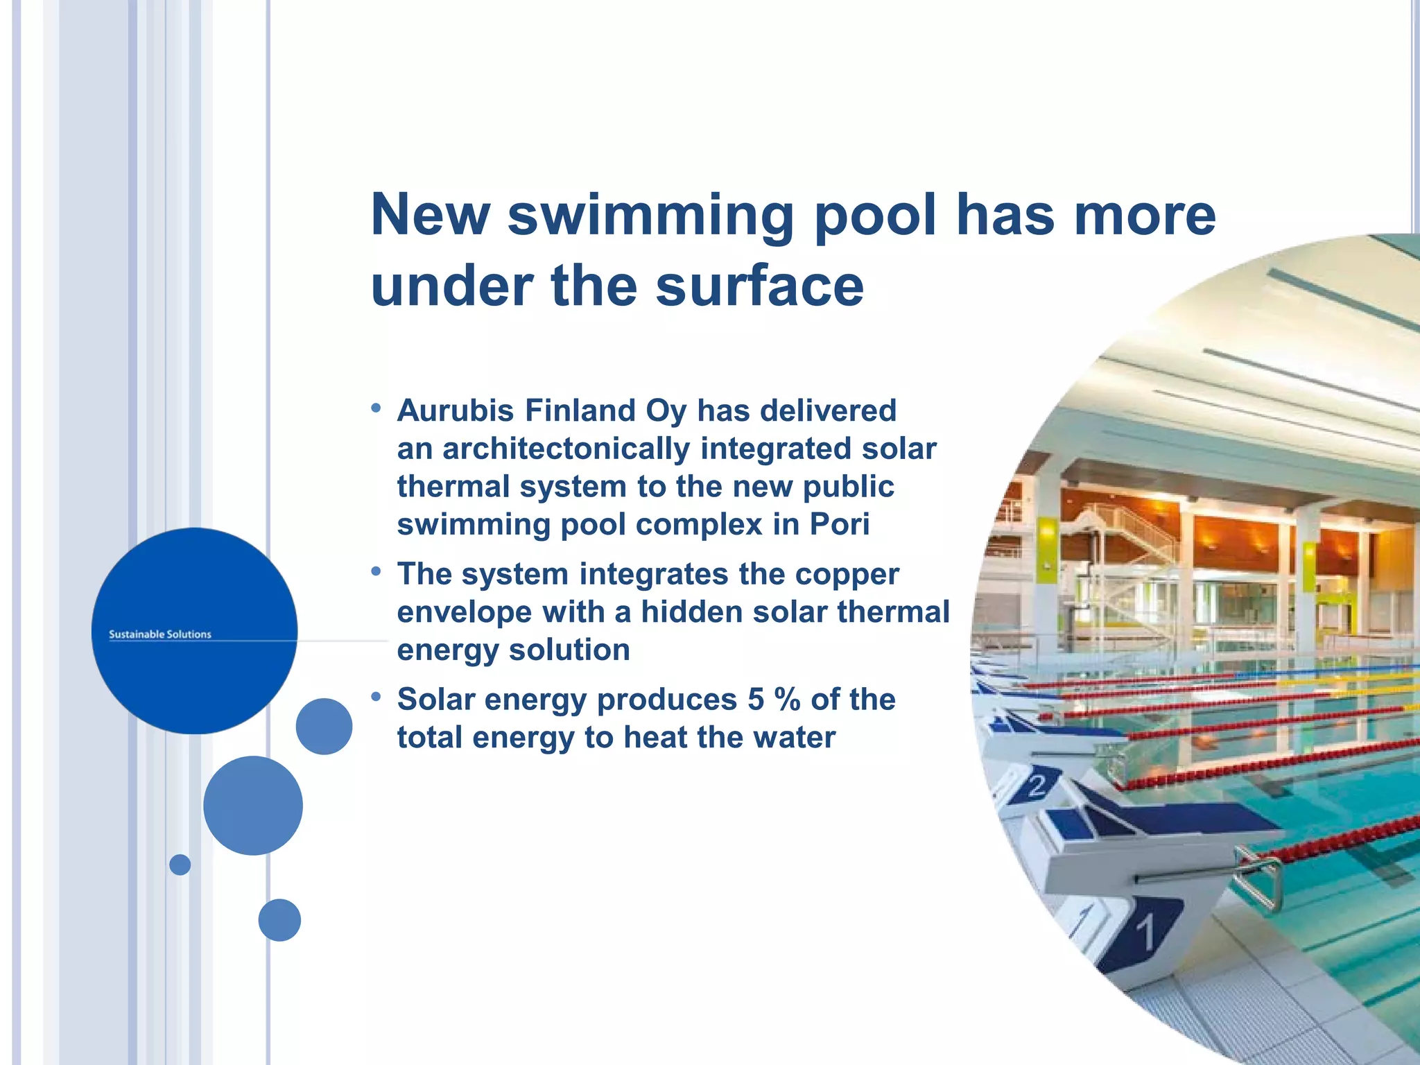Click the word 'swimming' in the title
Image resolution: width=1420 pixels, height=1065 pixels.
tap(650, 216)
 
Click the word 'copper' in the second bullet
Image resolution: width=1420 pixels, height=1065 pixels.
tap(847, 574)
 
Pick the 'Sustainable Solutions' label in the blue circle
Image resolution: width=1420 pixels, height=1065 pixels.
tap(160, 634)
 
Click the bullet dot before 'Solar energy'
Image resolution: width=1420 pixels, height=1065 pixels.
tap(376, 696)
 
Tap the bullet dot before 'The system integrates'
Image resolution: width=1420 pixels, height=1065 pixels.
tap(376, 571)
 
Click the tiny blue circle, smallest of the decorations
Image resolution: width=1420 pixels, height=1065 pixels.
tap(180, 865)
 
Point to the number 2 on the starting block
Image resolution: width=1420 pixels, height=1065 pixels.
tap(1037, 786)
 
